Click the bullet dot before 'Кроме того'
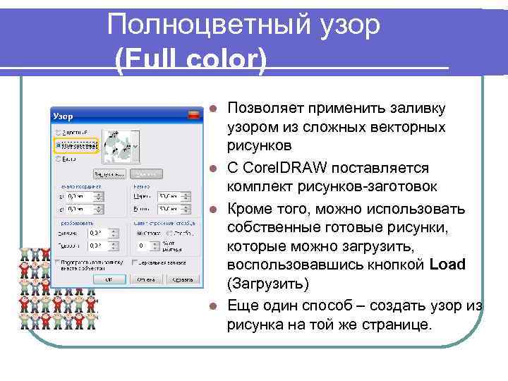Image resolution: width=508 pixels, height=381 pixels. [x=214, y=210]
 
